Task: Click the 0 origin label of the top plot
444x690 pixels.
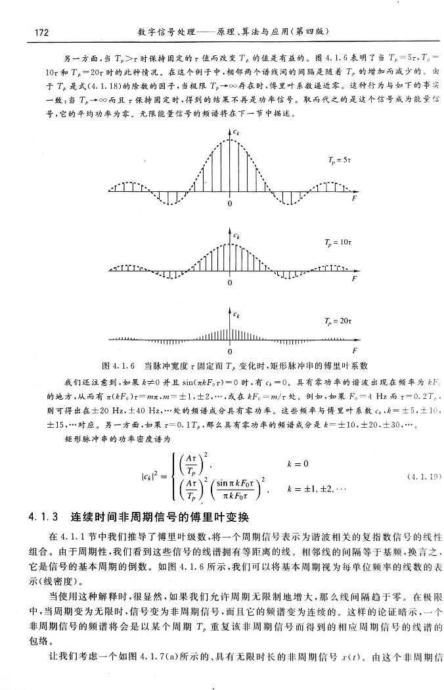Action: tap(230, 204)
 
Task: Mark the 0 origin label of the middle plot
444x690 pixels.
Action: tap(230, 284)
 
